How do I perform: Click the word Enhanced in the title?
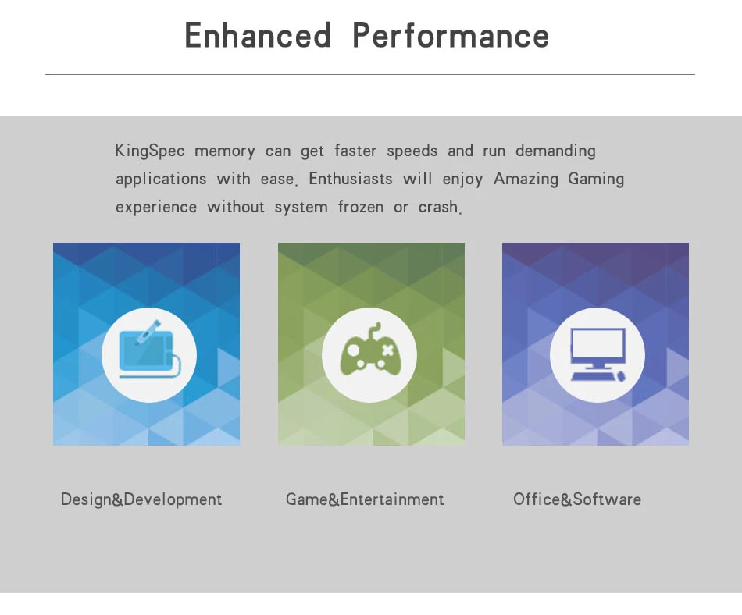pos(258,37)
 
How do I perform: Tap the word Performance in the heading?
pos(451,37)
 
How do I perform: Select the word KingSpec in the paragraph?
pos(150,151)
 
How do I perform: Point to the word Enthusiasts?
pos(351,179)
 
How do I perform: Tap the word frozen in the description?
pos(361,207)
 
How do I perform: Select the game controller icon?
pos(369,353)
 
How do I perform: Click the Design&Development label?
pos(141,499)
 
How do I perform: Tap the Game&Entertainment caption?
pos(365,499)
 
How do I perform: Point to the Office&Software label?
pos(577,499)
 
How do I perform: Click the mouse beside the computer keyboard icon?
pos(622,376)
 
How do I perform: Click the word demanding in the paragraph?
pos(555,151)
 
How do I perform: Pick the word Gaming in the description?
pos(596,179)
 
